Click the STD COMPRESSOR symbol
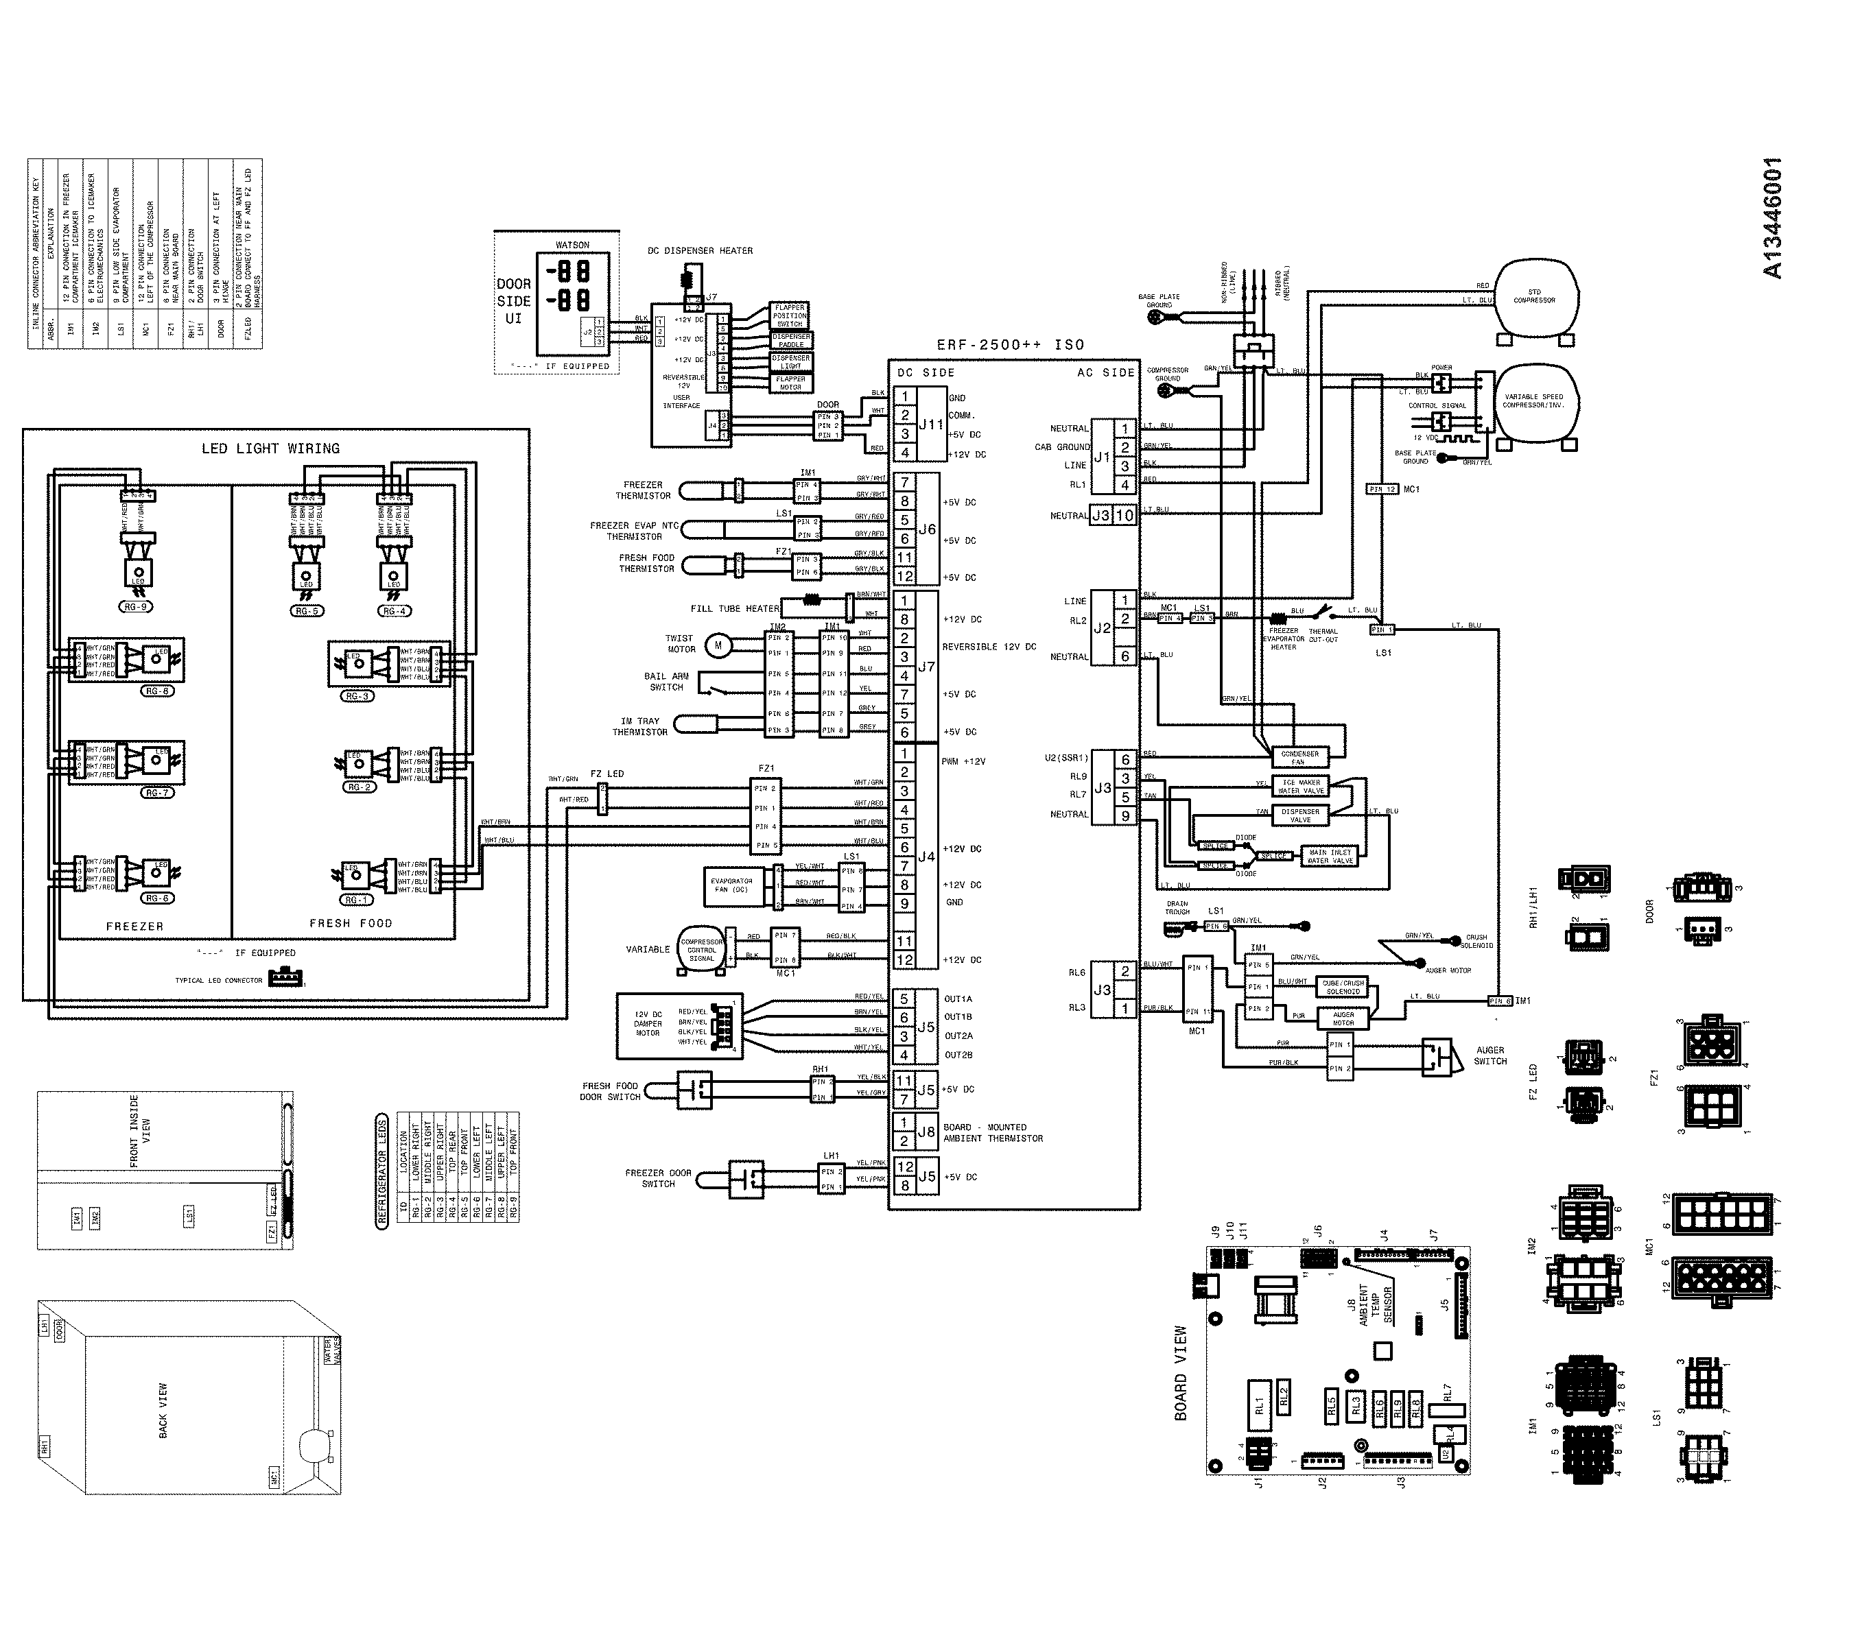click(x=1535, y=298)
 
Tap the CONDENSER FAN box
click(x=1300, y=757)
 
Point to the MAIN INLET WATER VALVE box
click(x=1330, y=856)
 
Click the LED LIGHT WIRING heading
click(x=270, y=449)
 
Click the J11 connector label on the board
click(x=931, y=425)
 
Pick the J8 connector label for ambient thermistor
click(x=926, y=1132)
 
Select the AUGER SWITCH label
click(x=1490, y=1055)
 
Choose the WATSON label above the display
click(x=573, y=245)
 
